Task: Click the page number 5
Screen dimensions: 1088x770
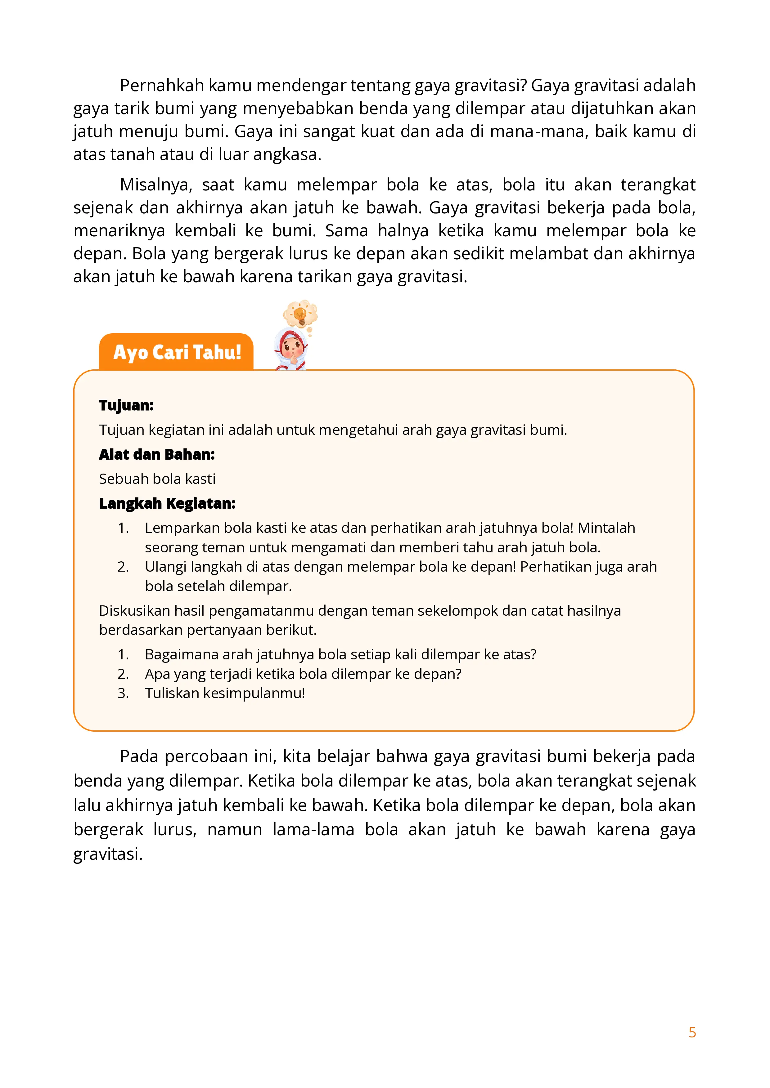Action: click(x=692, y=1032)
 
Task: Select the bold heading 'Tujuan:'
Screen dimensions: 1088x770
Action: click(x=126, y=406)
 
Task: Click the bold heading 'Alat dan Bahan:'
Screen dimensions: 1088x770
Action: click(x=157, y=454)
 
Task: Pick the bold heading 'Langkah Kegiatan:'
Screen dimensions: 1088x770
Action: click(x=167, y=503)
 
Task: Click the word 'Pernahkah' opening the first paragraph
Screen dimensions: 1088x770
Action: click(x=162, y=86)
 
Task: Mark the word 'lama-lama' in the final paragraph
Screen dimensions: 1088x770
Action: click(x=313, y=830)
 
